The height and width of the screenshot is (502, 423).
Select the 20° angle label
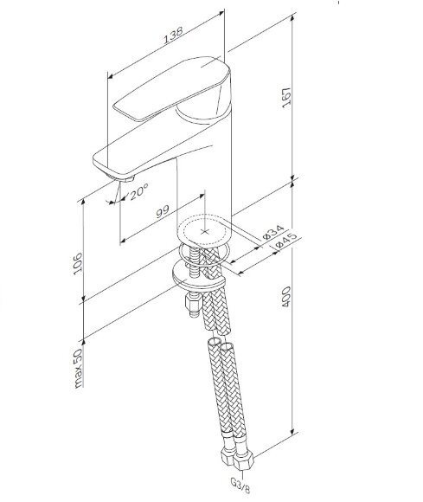pyautogui.click(x=138, y=195)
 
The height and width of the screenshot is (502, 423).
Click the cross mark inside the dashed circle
pyautogui.click(x=205, y=231)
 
